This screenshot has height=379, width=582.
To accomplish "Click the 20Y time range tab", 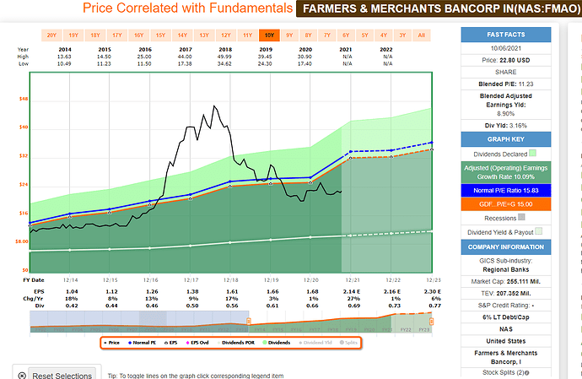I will pos(51,35).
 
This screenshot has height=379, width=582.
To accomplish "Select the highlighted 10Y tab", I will pos(268,35).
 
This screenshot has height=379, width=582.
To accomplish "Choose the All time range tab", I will pos(421,35).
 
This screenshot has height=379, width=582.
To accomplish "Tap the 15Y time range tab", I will pos(160,35).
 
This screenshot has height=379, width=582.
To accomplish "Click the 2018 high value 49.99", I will pos(226,56).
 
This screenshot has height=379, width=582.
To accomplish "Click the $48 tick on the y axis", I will pos(23,99).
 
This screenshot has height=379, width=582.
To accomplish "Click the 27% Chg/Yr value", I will pos(351,300).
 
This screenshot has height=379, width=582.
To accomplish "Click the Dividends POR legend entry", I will pos(241,343).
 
